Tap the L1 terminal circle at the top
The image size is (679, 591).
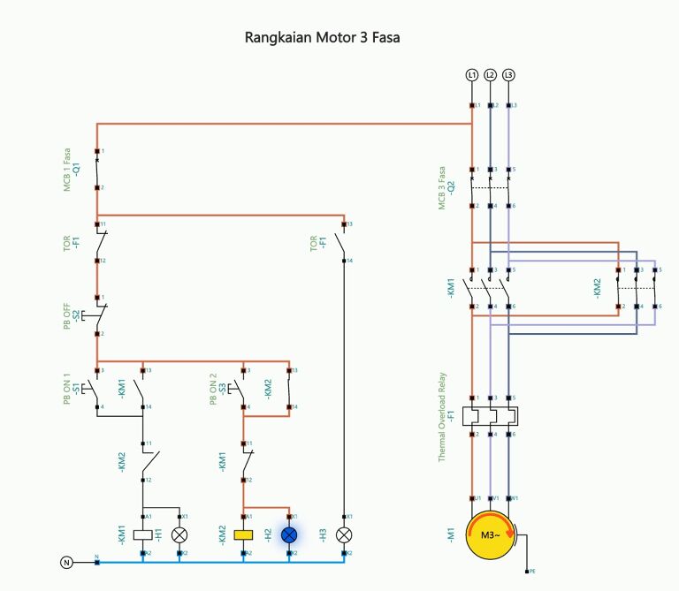tap(472, 75)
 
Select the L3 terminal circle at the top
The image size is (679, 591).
tap(508, 75)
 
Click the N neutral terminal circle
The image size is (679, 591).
tap(66, 562)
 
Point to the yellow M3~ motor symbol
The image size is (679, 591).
tap(491, 534)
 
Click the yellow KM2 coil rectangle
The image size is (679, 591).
tap(243, 534)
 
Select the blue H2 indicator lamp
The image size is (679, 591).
tap(289, 534)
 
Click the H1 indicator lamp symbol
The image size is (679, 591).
tap(179, 534)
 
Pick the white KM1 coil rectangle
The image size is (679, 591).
tap(142, 534)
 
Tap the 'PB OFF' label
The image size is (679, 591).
tap(66, 314)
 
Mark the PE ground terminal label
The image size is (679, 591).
tap(531, 572)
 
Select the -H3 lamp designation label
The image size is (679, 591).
tap(323, 534)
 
